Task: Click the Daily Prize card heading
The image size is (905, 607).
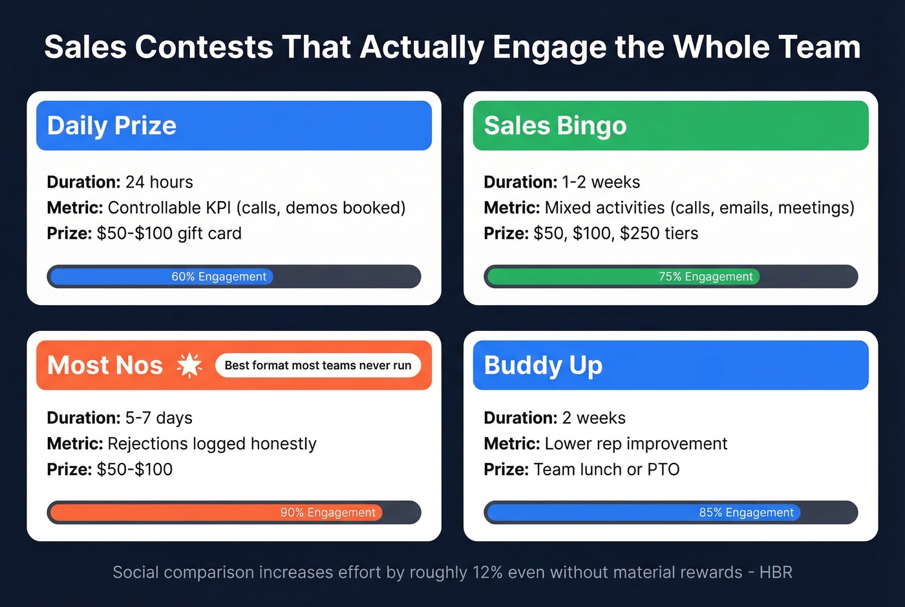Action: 111,125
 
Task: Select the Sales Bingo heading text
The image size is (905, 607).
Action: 555,125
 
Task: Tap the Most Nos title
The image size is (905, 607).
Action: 105,365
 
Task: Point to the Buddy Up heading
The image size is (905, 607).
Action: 543,365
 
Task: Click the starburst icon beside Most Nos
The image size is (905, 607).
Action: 189,365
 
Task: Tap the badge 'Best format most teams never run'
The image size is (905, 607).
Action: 317,365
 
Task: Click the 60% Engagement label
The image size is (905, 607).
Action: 218,277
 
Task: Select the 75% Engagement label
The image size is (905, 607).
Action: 705,277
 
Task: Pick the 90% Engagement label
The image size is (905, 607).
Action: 328,513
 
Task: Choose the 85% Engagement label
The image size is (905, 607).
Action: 746,513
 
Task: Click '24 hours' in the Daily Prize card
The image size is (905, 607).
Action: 159,182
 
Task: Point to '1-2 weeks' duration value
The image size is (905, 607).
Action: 601,182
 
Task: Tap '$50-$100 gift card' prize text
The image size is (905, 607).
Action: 169,233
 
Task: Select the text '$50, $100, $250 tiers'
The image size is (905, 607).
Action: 615,233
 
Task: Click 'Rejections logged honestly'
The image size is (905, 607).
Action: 212,444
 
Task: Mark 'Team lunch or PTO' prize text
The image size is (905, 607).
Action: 606,469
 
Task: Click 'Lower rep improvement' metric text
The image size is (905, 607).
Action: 635,444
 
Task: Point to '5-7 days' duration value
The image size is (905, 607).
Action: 158,418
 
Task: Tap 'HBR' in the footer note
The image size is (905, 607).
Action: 776,573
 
